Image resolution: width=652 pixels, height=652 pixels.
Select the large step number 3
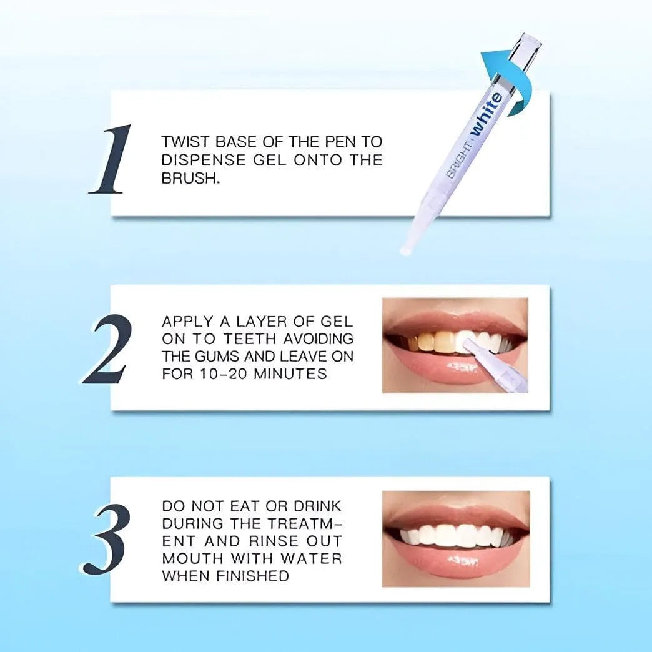click(106, 539)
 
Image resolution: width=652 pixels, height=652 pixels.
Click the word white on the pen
click(486, 114)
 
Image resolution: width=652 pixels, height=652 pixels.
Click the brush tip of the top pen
click(404, 249)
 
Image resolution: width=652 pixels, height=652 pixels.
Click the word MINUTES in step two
click(290, 374)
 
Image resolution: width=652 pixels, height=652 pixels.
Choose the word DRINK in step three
click(317, 506)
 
